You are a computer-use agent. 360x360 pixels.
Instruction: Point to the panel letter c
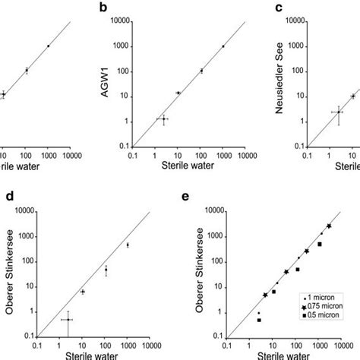coord(279,8)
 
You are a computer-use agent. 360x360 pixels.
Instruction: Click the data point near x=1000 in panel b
coord(223,46)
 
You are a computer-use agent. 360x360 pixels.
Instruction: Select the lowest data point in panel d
coord(68,320)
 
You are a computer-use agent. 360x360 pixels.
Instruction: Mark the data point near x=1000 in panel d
coord(128,245)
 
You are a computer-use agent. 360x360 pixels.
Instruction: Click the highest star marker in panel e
coord(329,226)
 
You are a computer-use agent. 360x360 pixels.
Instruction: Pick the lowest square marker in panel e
coord(259,320)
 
